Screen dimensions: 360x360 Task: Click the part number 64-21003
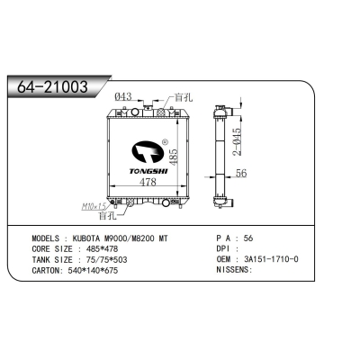click(x=55, y=86)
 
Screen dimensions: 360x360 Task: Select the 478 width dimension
click(x=135, y=183)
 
